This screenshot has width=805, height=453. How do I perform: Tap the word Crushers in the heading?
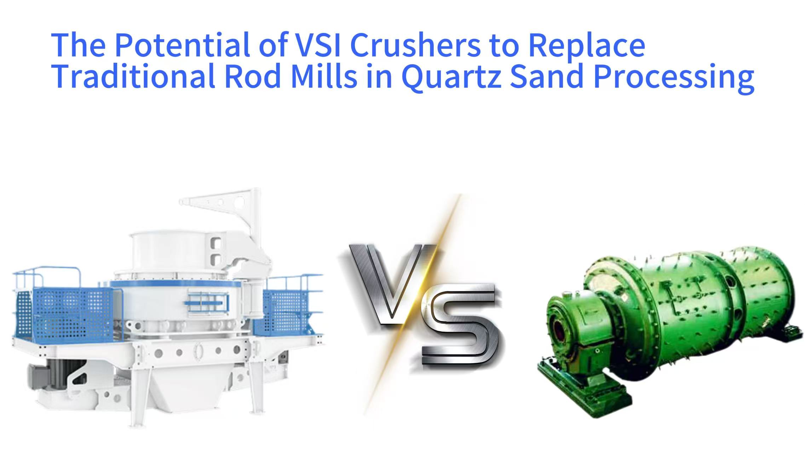[415, 45]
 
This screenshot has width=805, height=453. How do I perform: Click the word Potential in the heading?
[182, 45]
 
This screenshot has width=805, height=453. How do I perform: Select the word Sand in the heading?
[547, 77]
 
